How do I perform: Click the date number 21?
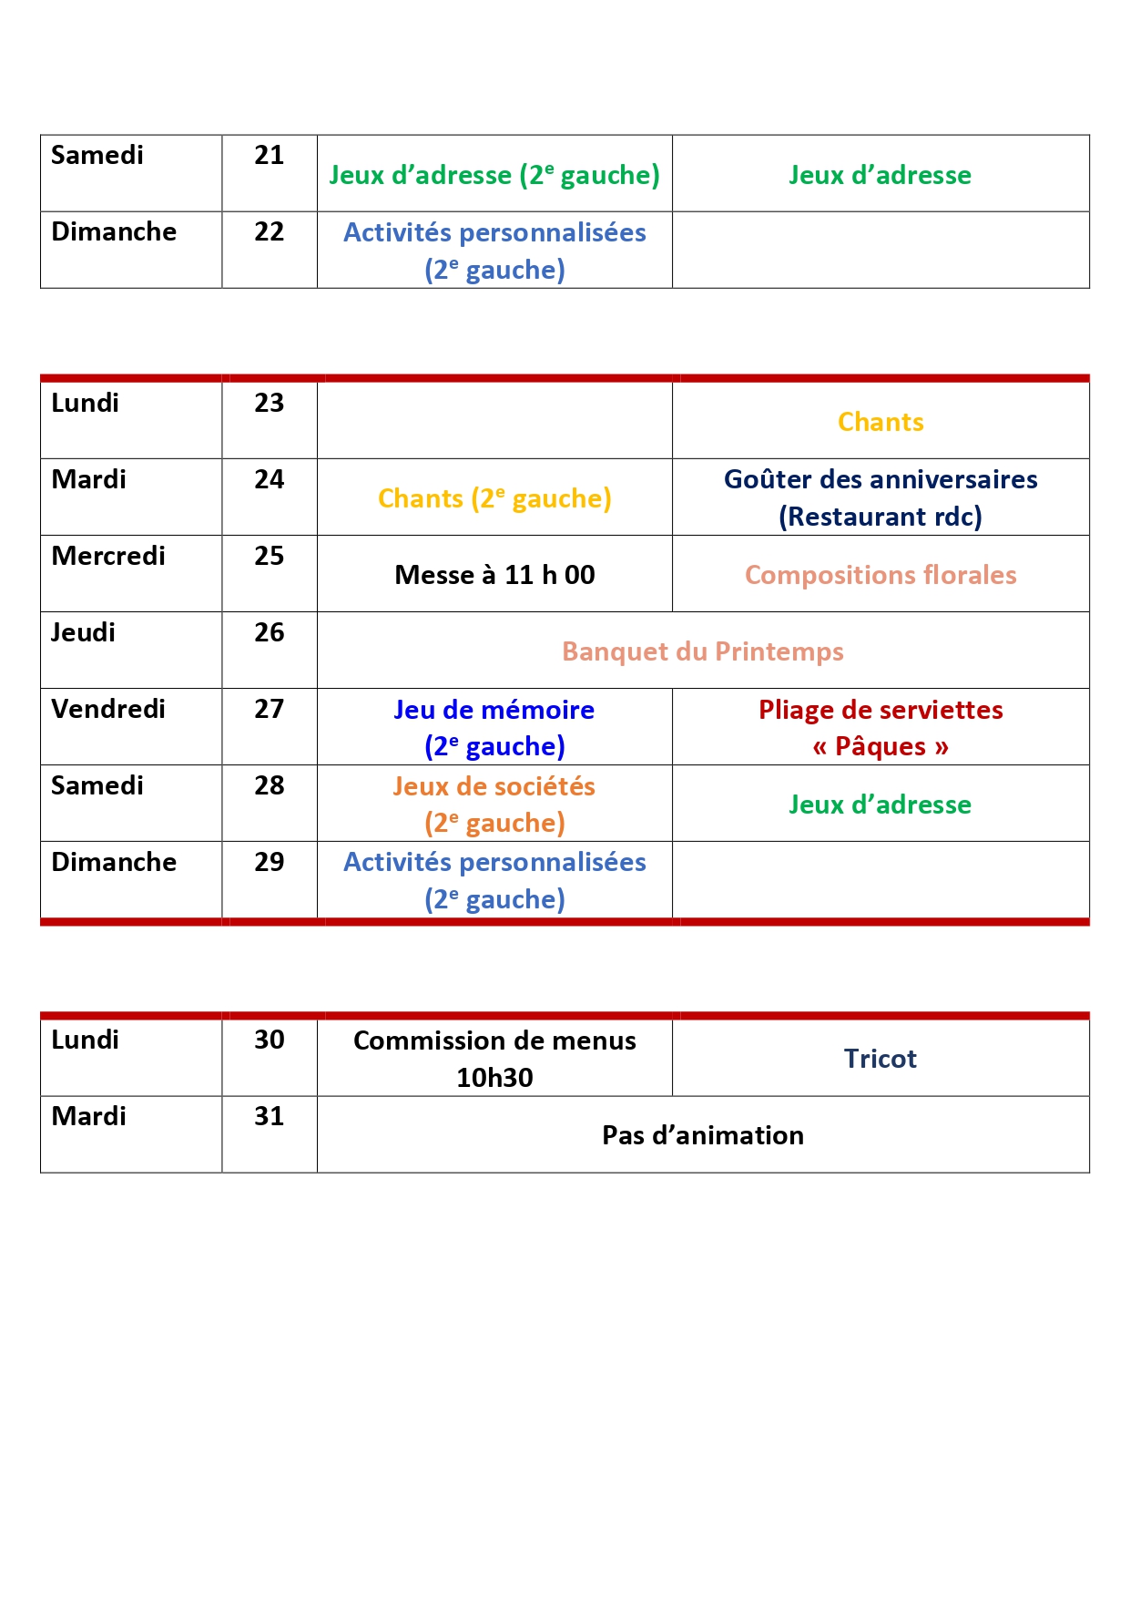[269, 156]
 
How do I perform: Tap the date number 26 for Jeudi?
[269, 633]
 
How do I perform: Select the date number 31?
[269, 1117]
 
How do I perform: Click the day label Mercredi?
[108, 557]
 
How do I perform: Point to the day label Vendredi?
[108, 710]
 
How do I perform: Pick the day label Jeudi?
[83, 633]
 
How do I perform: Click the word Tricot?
[880, 1060]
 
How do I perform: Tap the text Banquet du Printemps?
[702, 652]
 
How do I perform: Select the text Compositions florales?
[880, 576]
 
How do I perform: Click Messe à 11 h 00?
[494, 576]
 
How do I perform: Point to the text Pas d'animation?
[702, 1136]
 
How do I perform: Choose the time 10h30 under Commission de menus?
[494, 1079]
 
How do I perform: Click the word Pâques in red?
[880, 747]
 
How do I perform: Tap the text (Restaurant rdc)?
[880, 518]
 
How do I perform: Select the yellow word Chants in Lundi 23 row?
[880, 423]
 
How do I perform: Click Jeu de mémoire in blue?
[494, 711]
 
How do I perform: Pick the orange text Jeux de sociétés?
[494, 787]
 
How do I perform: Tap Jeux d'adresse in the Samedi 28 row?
[880, 805]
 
